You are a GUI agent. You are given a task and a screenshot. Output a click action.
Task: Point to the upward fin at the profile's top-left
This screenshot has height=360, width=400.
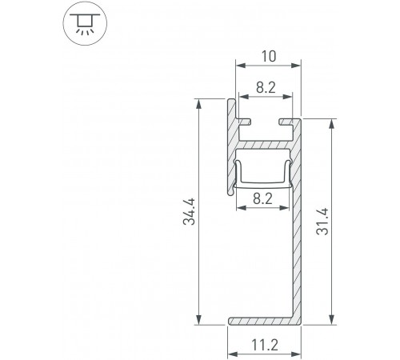coord(230,112)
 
